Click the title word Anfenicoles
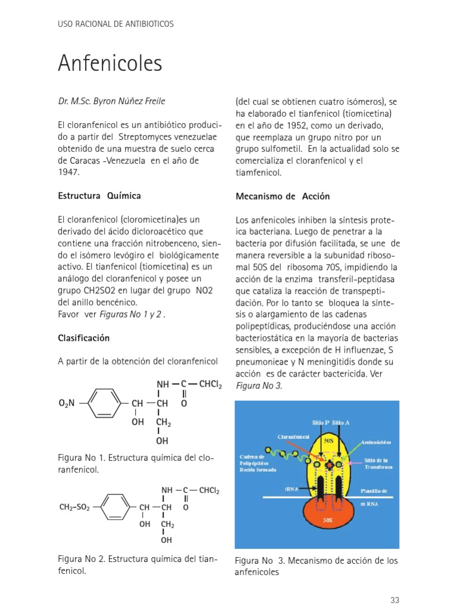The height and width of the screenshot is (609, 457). click(x=110, y=62)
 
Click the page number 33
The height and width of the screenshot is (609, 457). click(x=395, y=599)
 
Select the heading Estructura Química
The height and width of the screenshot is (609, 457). click(x=99, y=196)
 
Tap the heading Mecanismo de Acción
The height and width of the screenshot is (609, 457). click(x=283, y=196)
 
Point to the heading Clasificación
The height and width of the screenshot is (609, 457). click(x=84, y=338)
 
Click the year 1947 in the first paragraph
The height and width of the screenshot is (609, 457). click(x=68, y=172)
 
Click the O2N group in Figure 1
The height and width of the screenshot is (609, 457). click(x=67, y=404)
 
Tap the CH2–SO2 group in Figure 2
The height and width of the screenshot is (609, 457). click(x=74, y=507)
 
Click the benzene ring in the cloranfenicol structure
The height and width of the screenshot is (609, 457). click(x=107, y=403)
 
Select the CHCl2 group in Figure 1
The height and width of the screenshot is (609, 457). click(x=211, y=385)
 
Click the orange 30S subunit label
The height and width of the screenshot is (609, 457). click(x=327, y=519)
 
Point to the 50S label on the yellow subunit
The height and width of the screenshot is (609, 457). click(x=329, y=441)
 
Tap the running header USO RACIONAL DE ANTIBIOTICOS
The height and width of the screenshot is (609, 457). click(x=115, y=24)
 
